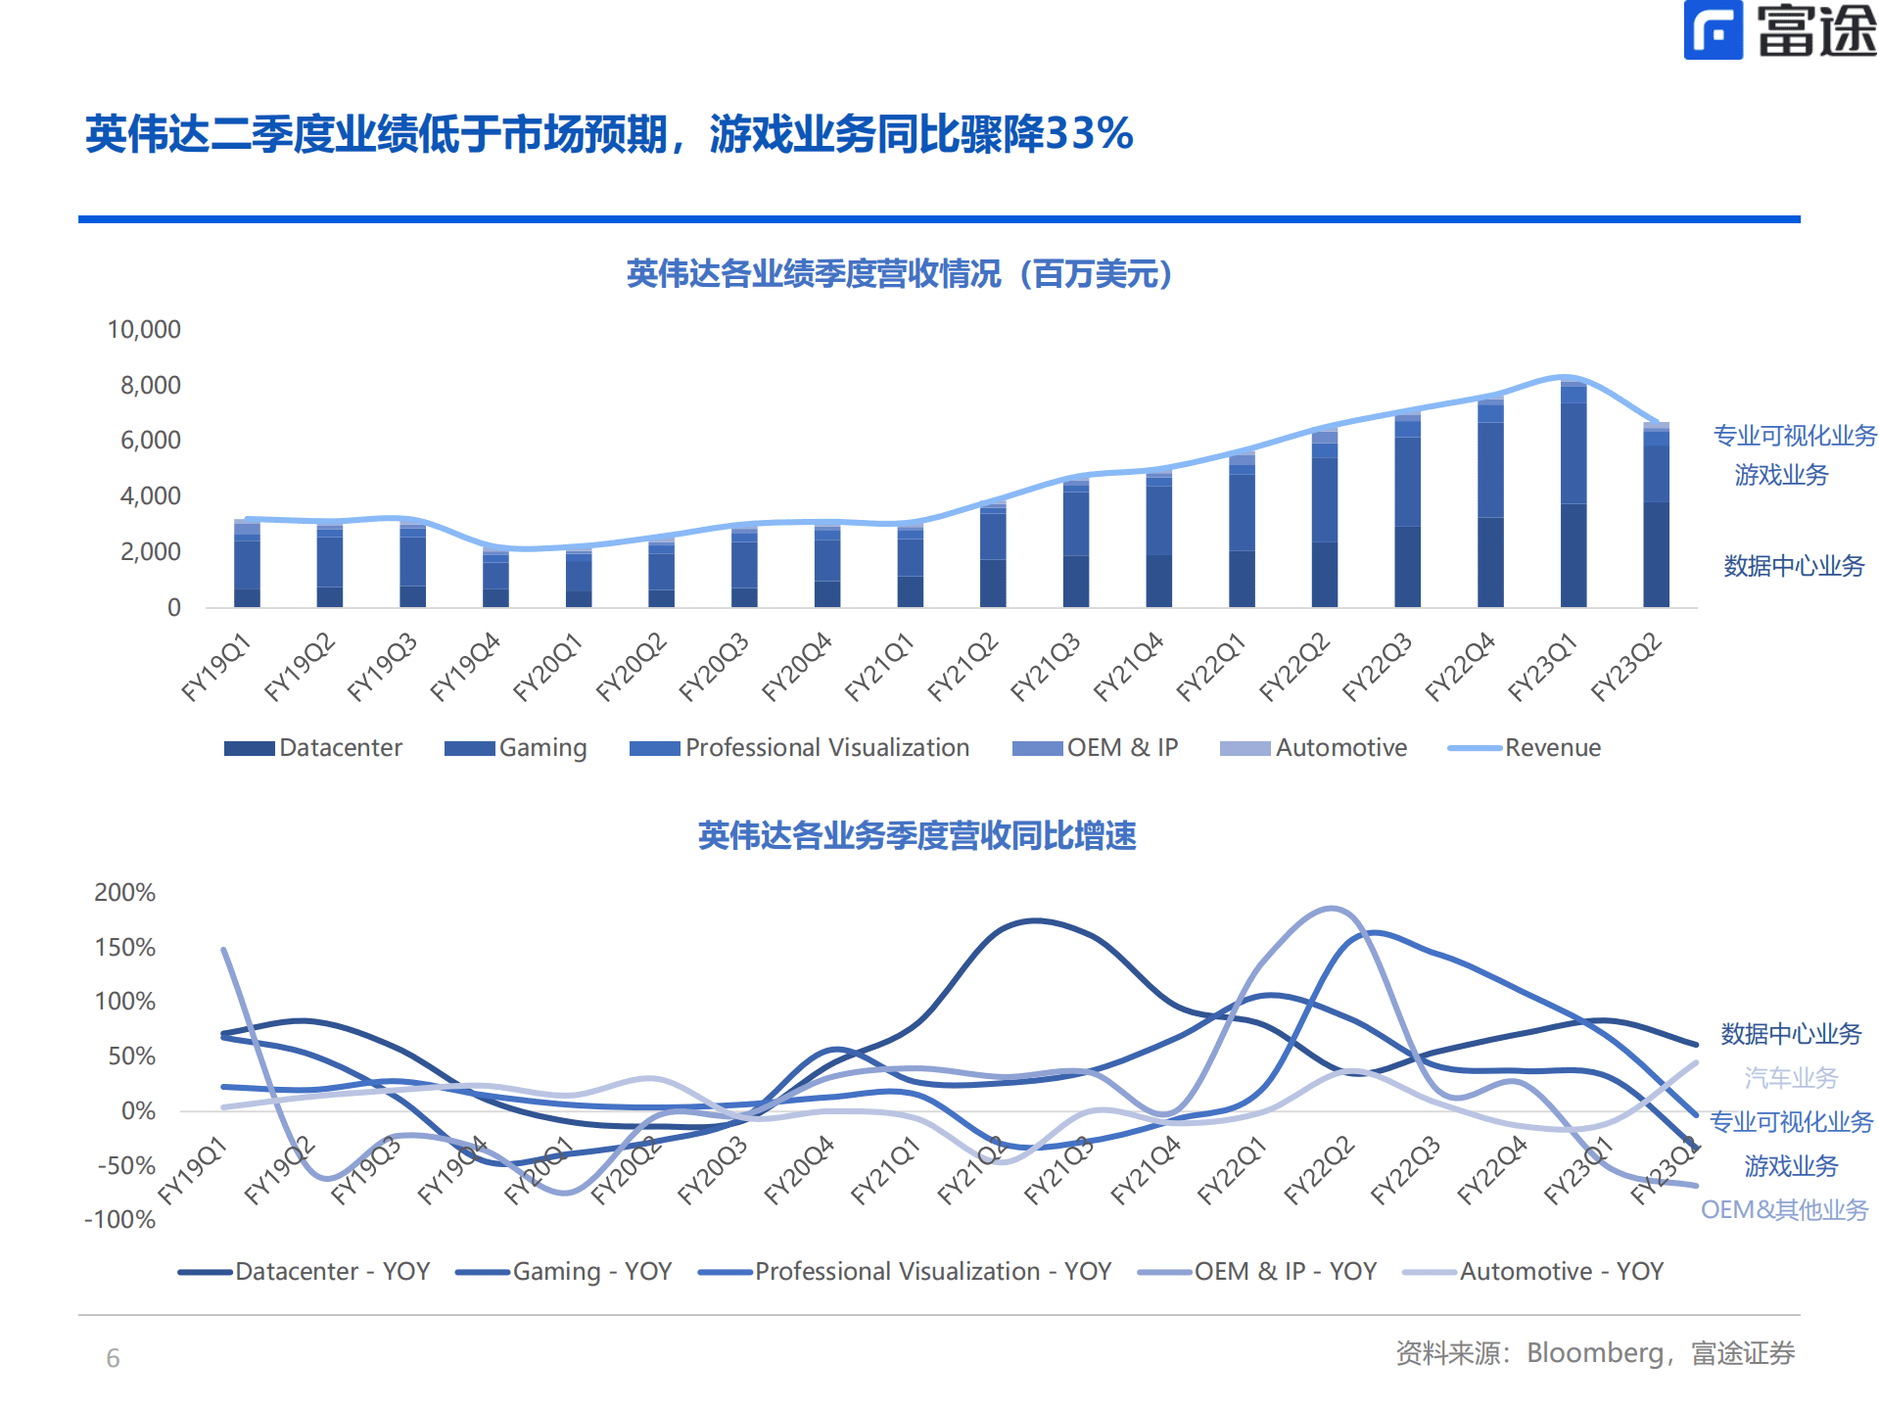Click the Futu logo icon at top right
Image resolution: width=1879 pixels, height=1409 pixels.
(1713, 30)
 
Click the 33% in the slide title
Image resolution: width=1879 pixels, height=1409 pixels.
(1089, 134)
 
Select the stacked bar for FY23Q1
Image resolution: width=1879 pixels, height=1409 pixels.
(1573, 494)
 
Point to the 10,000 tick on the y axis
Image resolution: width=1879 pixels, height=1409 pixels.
(144, 330)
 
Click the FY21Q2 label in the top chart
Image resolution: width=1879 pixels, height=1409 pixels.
(963, 667)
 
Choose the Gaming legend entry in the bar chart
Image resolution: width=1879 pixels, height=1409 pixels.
(515, 748)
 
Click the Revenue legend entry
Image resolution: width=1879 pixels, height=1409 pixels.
(1525, 748)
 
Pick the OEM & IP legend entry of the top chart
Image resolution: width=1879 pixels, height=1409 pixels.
(1096, 748)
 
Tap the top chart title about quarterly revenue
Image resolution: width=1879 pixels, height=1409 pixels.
(899, 274)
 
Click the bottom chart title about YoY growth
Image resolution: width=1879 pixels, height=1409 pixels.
(916, 836)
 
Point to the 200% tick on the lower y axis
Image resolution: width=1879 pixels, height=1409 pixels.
(124, 893)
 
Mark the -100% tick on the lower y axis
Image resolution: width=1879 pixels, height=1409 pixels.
(120, 1220)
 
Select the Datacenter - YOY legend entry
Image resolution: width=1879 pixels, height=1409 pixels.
(305, 1272)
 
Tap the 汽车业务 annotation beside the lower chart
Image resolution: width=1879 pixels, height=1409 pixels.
(1791, 1078)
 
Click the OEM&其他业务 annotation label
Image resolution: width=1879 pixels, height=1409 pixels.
(1784, 1210)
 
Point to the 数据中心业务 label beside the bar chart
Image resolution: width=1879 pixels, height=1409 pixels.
(1794, 566)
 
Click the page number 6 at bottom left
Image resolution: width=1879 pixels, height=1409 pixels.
(113, 1359)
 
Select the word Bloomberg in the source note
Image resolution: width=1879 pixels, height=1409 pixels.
(1594, 1354)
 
